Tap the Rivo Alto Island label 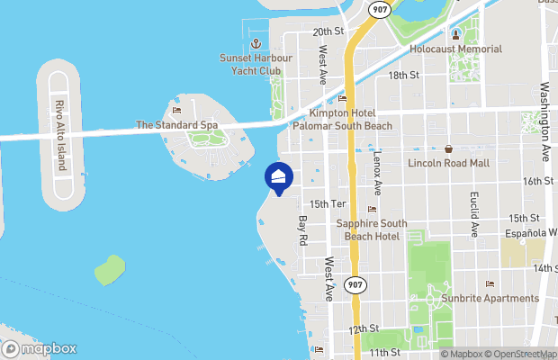61,135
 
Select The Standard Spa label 176,124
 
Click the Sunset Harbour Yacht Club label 255,64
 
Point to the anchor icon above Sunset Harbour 255,43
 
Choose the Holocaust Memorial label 455,48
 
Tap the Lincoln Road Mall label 448,163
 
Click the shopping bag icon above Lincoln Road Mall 448,148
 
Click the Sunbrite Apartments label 490,298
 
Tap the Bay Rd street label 303,231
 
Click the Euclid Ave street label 474,214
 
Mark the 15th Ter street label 328,204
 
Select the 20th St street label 328,31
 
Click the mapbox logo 40,348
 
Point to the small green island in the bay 109,268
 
